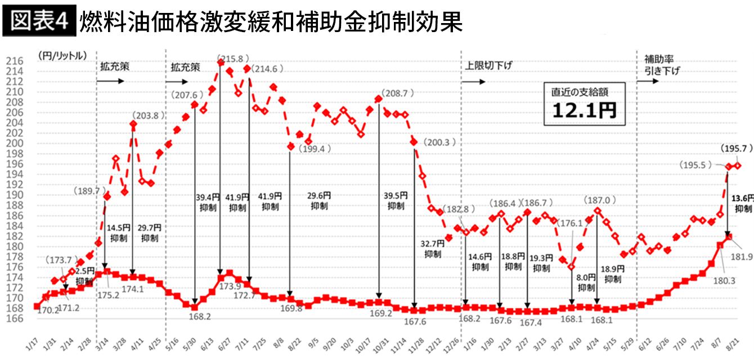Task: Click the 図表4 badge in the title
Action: point(39,21)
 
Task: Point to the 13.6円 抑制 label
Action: point(742,203)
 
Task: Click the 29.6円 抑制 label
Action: point(320,200)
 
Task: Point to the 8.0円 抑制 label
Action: point(586,282)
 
